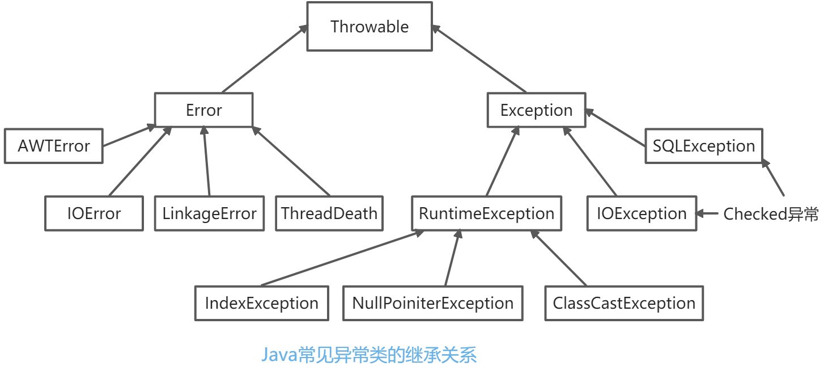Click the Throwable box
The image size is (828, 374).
coord(369,27)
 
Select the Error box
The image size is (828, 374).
coord(203,110)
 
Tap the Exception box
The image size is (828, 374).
coord(536,110)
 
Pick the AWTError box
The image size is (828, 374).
coord(53,146)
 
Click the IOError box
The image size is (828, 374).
coord(94,213)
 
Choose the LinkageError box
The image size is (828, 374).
coord(209,213)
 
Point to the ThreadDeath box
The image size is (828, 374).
coord(329,213)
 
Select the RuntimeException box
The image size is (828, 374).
coord(486,213)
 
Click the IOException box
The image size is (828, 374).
coord(641,213)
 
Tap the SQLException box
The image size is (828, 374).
coord(703,146)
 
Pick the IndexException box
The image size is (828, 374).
coord(261,303)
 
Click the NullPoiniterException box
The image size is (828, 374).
coord(432,303)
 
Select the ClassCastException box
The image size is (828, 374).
coord(623,303)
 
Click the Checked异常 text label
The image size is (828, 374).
coord(771,215)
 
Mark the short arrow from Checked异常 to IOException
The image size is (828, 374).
coord(708,214)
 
